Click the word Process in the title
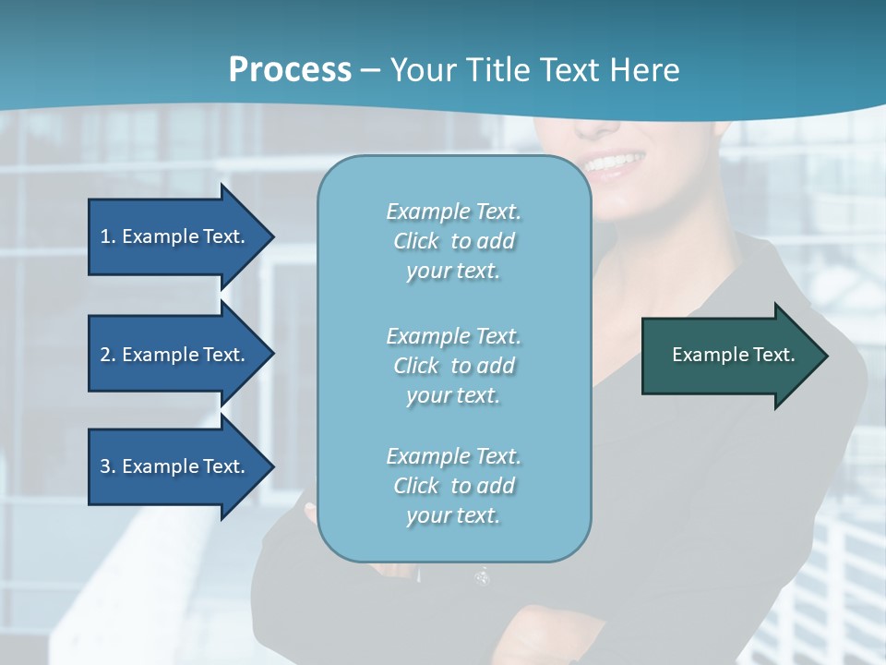coord(290,70)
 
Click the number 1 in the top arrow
coord(105,236)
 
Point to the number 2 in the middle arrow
coord(105,355)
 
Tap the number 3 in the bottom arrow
coord(105,466)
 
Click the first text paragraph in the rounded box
coord(453,241)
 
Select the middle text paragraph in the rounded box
coord(453,365)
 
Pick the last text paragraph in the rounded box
coord(453,486)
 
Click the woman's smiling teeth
coord(612,164)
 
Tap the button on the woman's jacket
coord(481,577)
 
